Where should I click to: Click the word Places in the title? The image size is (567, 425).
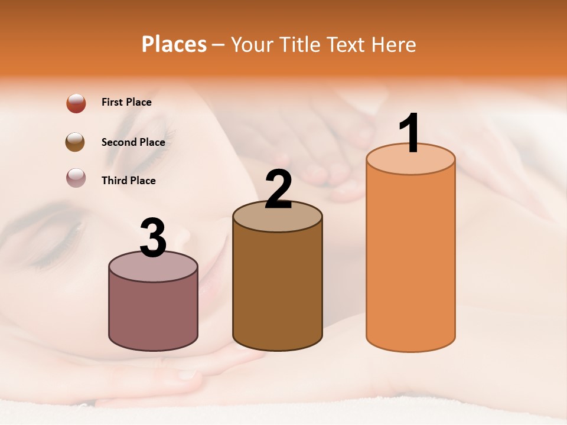click(x=174, y=44)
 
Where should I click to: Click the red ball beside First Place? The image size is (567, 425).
click(x=76, y=103)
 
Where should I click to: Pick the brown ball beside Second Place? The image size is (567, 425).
click(x=76, y=142)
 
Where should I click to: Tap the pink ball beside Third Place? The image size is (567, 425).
click(x=76, y=178)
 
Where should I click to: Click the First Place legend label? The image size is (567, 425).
click(x=126, y=102)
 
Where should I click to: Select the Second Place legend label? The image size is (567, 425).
click(x=133, y=142)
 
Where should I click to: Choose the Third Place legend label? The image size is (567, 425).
click(x=128, y=181)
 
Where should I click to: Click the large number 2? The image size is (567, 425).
click(x=278, y=189)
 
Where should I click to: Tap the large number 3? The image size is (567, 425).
click(x=153, y=238)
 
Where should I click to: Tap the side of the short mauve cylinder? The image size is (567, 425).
click(x=153, y=313)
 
